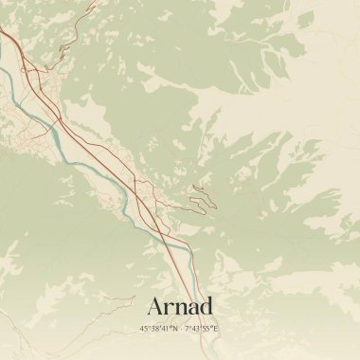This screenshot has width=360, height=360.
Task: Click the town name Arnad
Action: tap(180, 306)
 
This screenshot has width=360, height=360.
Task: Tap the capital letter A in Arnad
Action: tap(156, 306)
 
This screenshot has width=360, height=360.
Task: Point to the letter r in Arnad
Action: tap(170, 308)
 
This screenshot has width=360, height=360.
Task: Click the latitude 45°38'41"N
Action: tap(157, 329)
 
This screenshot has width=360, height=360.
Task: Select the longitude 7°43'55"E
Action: tap(202, 329)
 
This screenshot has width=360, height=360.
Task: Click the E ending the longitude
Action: tap(216, 329)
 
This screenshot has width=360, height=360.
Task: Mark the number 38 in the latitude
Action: tap(153, 329)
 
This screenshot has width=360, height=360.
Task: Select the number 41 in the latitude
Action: tap(164, 329)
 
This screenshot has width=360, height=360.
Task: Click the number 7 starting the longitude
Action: tap(187, 329)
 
